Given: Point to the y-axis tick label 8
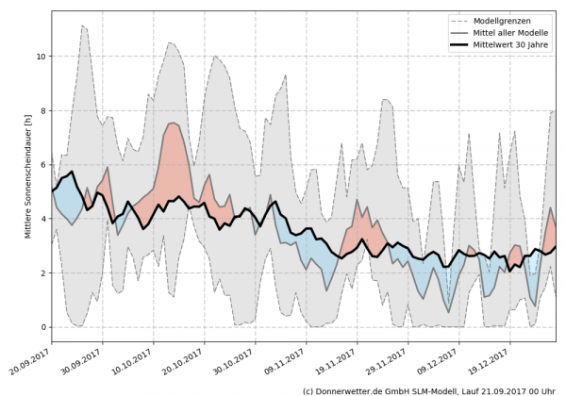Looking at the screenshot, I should pos(42,110).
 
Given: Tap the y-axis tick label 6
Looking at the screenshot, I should pos(42,165).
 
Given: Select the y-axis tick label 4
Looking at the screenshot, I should pos(42,219).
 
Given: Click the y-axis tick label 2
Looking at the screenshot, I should pos(42,273).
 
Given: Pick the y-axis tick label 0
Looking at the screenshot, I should pos(42,327).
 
